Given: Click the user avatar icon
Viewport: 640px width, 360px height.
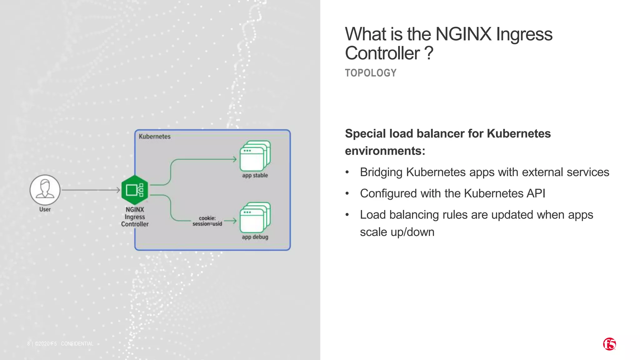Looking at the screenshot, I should tap(45, 190).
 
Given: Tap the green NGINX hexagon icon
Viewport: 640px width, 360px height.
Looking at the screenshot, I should tap(134, 190).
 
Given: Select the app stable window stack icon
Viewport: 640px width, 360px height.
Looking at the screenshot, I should tap(255, 156).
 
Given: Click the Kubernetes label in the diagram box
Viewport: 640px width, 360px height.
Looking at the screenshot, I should tap(155, 137).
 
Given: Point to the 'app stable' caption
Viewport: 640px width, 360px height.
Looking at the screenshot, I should tap(255, 175).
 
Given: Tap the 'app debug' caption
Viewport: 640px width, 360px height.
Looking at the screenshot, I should tap(255, 237).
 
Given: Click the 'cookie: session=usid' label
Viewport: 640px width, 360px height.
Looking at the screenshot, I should tap(207, 221).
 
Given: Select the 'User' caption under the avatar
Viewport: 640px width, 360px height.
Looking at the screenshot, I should tap(45, 209).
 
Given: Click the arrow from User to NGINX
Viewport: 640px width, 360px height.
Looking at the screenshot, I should tap(91, 190).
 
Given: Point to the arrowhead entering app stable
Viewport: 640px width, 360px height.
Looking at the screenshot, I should tap(235, 159).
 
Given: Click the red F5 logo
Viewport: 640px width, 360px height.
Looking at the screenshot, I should tap(609, 344).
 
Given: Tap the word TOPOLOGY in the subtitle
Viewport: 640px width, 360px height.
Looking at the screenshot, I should tap(371, 73).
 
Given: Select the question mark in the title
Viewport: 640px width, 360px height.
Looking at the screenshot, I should tap(429, 53).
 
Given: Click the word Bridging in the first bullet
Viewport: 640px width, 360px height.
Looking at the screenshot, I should tap(381, 172).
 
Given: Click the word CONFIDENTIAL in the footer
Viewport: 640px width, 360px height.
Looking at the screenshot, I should tap(77, 344).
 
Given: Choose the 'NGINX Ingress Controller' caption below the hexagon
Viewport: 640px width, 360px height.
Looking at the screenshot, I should tap(135, 217).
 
